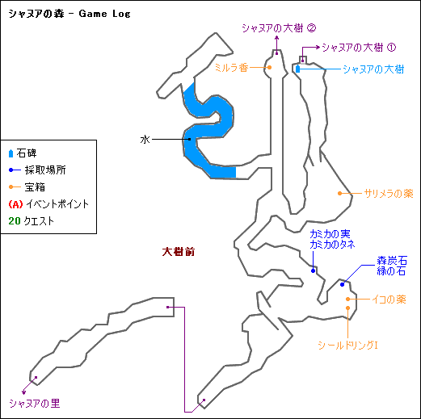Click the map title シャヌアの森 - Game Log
tap(69, 14)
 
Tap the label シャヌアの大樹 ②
tap(279, 28)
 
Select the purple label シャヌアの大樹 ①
tap(359, 48)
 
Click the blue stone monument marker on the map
tap(297, 69)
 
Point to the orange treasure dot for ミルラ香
tap(269, 68)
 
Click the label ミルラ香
tap(231, 68)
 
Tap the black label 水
tap(145, 140)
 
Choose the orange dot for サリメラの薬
tap(339, 193)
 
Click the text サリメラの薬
tap(389, 194)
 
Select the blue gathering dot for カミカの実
tap(313, 270)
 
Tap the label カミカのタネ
tap(332, 245)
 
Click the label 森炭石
tap(392, 261)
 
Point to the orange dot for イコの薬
tap(348, 299)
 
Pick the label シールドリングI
tap(347, 345)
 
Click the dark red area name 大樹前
tap(179, 252)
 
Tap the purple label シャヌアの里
tap(35, 403)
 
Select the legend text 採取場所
tap(45, 170)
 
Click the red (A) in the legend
tap(15, 204)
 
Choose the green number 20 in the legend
tap(15, 221)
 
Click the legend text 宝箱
tap(35, 187)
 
